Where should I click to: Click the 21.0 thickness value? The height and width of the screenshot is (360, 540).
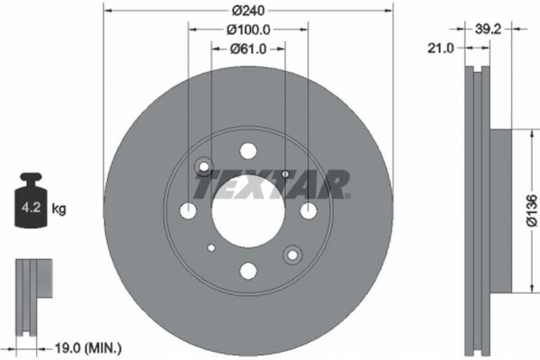pyautogui.click(x=440, y=49)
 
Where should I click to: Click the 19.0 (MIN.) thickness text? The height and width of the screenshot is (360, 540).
pyautogui.click(x=91, y=346)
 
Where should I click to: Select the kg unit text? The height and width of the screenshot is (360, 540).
pyautogui.click(x=59, y=210)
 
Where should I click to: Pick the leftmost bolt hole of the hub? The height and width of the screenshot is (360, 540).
pyautogui.click(x=187, y=211)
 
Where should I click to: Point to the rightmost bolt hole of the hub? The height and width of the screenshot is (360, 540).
pyautogui.click(x=308, y=211)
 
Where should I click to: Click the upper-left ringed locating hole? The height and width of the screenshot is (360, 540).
pyautogui.click(x=203, y=166)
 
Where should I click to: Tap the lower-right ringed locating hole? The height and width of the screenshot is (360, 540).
pyautogui.click(x=291, y=256)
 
